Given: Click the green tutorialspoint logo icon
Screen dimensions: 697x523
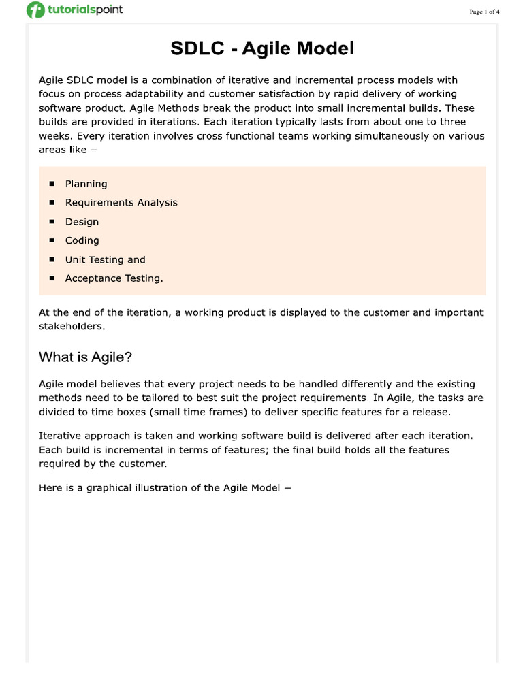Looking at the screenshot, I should tap(35, 11).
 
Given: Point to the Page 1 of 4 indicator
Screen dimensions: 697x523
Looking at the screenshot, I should tap(484, 12).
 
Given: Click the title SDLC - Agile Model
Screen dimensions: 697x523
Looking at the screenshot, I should tap(261, 49).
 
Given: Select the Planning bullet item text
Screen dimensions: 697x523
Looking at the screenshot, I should tap(86, 184).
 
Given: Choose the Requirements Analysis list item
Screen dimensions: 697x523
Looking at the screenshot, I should tap(121, 202).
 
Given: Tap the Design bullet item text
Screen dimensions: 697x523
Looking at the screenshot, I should tap(82, 221).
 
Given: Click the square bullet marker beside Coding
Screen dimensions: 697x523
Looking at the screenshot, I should tap(52, 240).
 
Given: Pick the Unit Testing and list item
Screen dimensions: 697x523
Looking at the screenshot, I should tap(105, 259).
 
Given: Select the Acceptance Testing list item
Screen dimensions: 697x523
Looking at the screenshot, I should tap(114, 278).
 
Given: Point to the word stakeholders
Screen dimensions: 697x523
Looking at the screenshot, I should tap(72, 326).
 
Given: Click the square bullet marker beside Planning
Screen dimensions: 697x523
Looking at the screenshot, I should tap(52, 184).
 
